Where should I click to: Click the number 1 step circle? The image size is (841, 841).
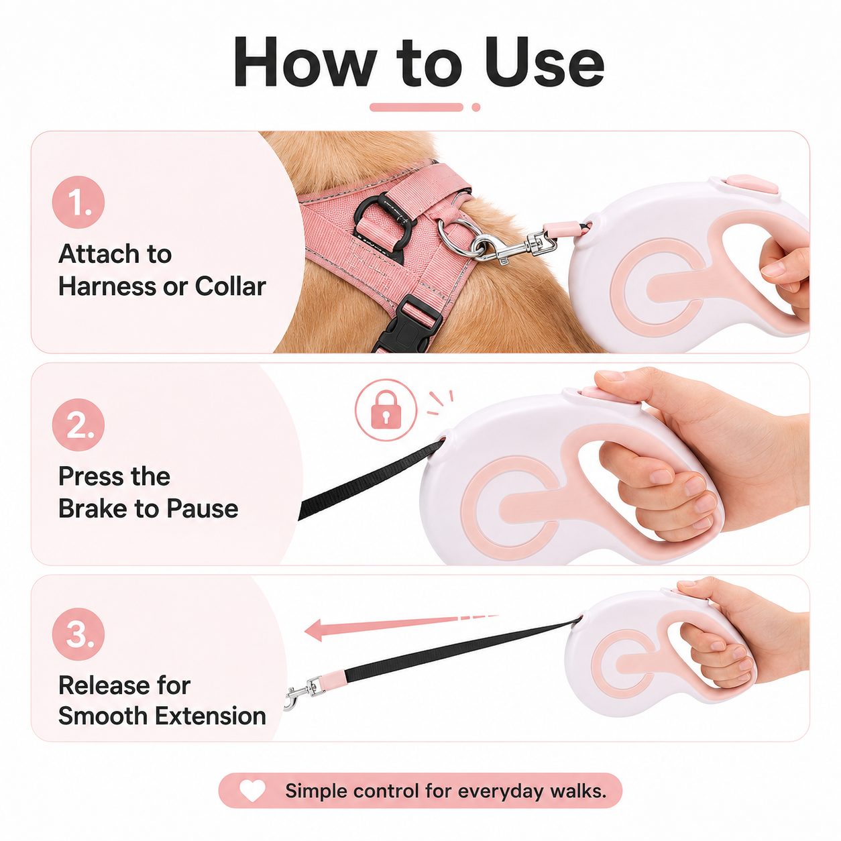coord(78,202)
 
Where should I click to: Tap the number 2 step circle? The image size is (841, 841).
coord(78,425)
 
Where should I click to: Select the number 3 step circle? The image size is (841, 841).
coord(78,634)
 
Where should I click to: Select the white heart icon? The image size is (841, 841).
coord(252,791)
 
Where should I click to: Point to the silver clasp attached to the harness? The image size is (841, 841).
coord(514,247)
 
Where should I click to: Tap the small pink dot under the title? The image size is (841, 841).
coord(476,107)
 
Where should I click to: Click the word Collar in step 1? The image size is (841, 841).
coord(231,287)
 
